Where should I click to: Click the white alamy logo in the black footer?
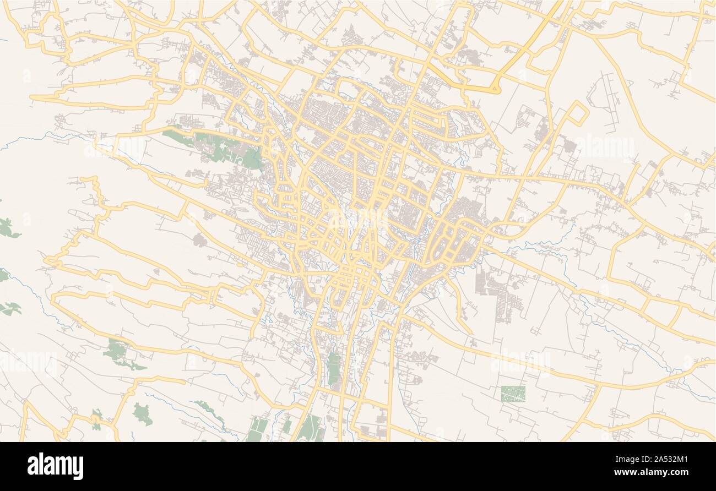(x=55, y=466)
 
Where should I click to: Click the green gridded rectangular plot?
(x=513, y=393)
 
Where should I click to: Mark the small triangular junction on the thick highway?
(x=495, y=88)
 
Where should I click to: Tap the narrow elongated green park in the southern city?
(x=334, y=369)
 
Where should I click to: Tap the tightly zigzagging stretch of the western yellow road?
(x=99, y=193)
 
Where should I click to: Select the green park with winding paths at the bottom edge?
(x=310, y=428)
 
